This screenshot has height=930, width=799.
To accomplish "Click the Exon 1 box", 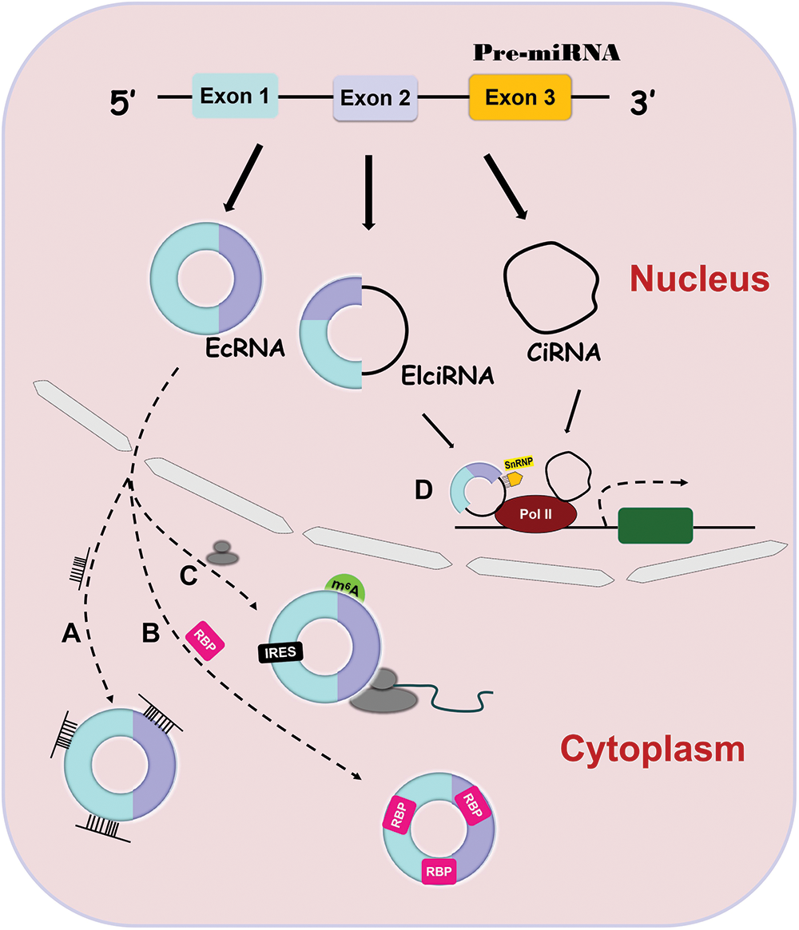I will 234,96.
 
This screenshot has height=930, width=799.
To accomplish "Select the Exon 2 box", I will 375,98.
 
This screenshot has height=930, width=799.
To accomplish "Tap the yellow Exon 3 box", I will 520,97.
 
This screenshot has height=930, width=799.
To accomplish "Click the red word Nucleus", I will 698,279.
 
